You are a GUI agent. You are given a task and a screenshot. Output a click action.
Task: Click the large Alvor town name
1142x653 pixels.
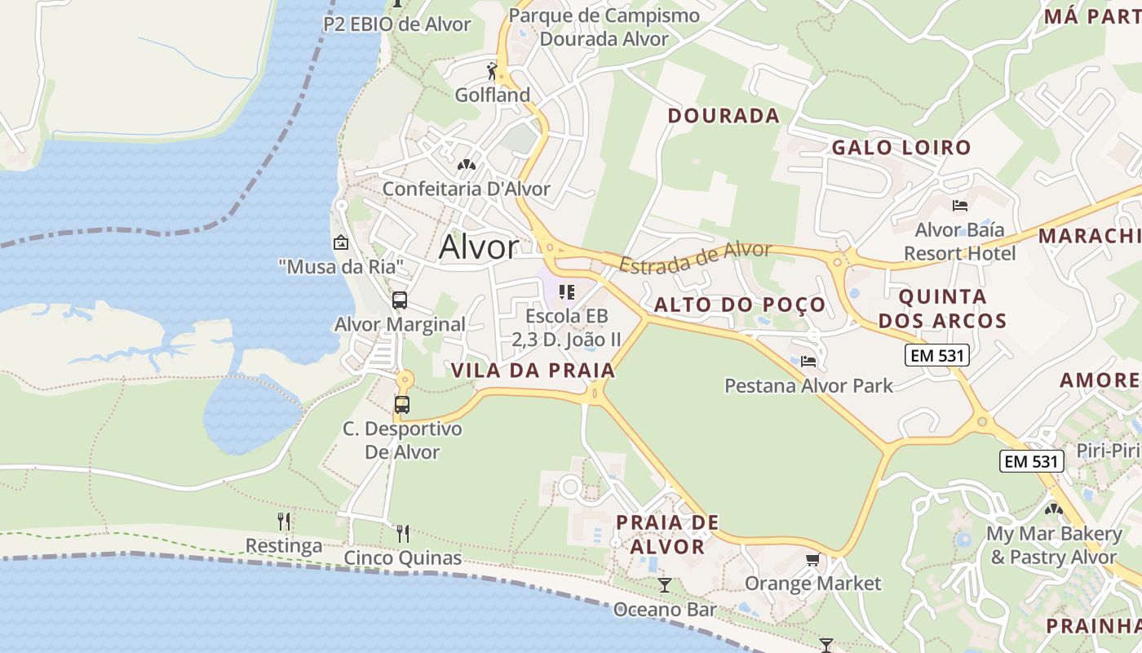(478, 247)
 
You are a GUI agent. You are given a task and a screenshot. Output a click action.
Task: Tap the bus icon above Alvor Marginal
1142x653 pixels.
(400, 300)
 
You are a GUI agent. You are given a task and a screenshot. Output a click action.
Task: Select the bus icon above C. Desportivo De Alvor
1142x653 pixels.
(402, 404)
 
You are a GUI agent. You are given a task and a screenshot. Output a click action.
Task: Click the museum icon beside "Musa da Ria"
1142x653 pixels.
(341, 242)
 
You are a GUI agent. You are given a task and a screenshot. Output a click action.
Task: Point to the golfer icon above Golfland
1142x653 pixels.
(492, 71)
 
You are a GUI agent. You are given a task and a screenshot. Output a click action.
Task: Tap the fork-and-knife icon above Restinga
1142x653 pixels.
(284, 521)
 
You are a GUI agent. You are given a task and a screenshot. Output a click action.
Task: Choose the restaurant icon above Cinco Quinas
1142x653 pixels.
(403, 534)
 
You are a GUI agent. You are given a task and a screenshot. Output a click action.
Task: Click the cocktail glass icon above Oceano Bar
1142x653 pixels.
(665, 584)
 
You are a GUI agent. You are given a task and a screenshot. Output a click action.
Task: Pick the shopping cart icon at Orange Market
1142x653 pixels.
(812, 559)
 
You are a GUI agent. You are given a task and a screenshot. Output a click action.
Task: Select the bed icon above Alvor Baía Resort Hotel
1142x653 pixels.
(960, 205)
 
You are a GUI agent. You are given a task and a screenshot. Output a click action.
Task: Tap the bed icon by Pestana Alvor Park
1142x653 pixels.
(808, 361)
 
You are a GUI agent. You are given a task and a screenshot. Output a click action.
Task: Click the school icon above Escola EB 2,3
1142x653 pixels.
(567, 292)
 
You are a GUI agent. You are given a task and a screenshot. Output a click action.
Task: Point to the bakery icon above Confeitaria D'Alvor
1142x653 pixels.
(466, 165)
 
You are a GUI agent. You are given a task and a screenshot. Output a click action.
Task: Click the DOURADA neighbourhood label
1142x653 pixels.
(724, 116)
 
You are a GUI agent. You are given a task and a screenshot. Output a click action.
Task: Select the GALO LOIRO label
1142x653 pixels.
(901, 148)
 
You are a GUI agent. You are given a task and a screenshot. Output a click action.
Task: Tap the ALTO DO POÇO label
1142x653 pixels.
(740, 305)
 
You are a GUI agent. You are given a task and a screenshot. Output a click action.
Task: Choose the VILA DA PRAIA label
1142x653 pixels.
(533, 371)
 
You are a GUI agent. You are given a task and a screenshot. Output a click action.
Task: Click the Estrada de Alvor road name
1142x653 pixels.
(695, 257)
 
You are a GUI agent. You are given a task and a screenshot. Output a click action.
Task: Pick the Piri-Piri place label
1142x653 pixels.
(1108, 451)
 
